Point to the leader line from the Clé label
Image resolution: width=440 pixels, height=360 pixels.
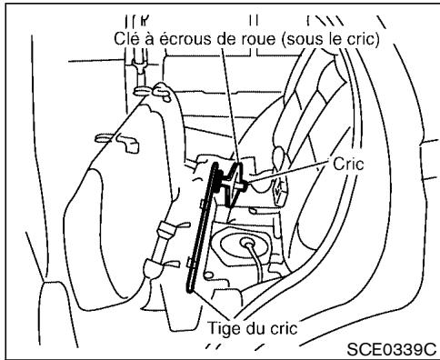[227, 109]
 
